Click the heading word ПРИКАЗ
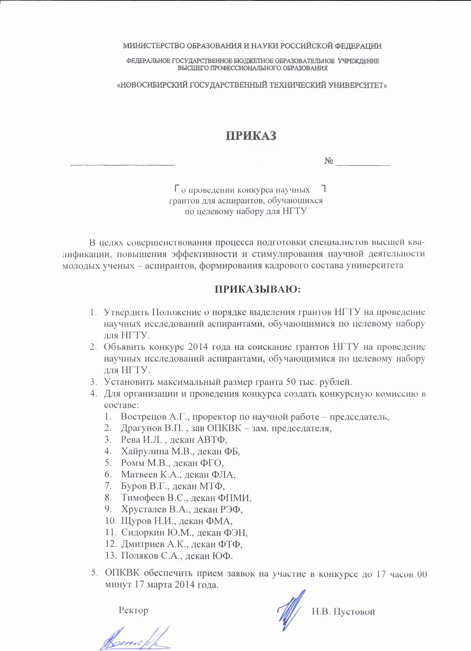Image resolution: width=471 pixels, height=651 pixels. (252, 135)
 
